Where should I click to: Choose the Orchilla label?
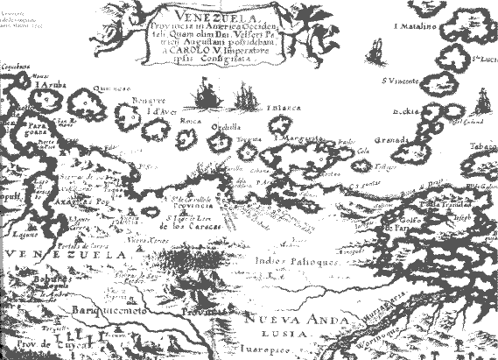click(230, 124)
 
